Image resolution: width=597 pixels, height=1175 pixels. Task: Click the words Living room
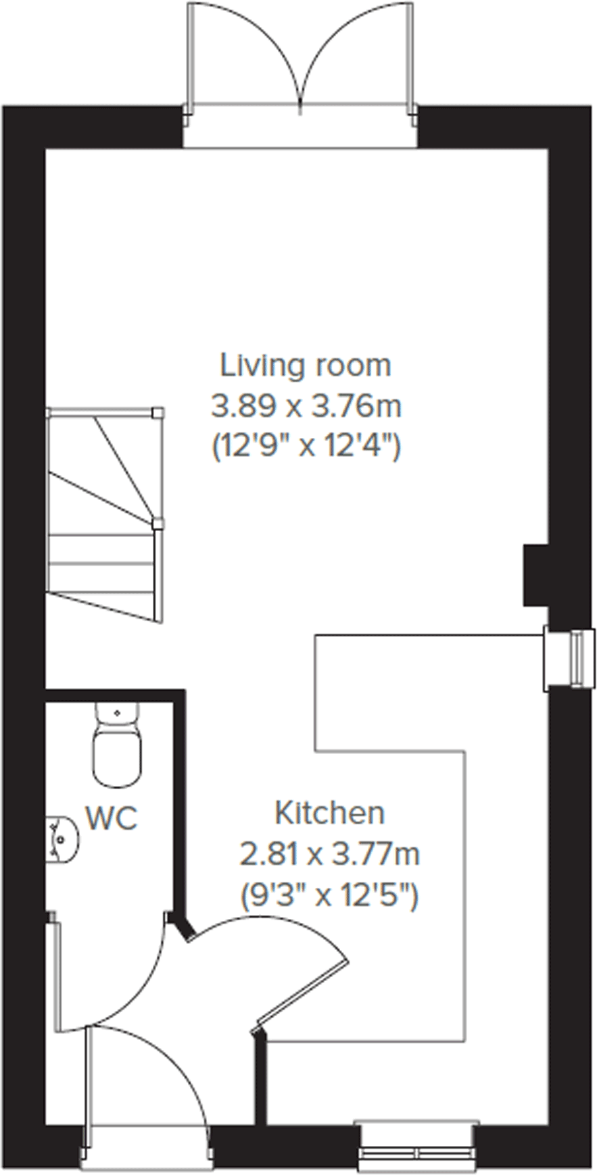coord(306,366)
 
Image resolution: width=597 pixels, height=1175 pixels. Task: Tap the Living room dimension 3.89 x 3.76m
coord(306,407)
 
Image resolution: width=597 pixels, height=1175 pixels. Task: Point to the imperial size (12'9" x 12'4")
coord(306,447)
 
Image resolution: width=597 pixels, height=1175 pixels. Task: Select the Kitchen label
coord(329,813)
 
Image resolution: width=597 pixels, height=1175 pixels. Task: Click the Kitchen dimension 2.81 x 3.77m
coord(330,855)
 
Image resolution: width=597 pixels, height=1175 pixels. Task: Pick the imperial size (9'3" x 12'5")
coord(330,896)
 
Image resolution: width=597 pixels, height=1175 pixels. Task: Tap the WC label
coord(112,818)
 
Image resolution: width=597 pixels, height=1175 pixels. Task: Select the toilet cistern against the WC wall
coord(117,714)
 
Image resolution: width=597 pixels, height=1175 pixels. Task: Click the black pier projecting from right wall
coord(535,575)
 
